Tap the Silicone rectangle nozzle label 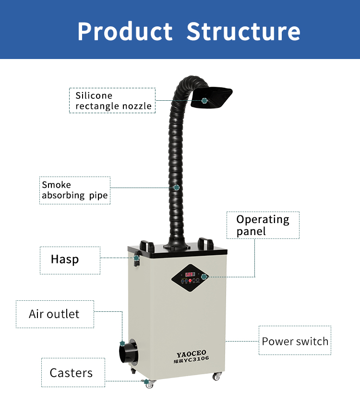pos(113,100)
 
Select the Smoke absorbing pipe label pos(74,190)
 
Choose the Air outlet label pos(54,314)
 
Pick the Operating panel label pos(263,225)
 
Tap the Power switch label pos(295,341)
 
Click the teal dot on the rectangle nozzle pos(204,100)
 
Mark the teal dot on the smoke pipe pos(177,188)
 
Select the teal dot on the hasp pos(136,258)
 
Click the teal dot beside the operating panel pos(204,276)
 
